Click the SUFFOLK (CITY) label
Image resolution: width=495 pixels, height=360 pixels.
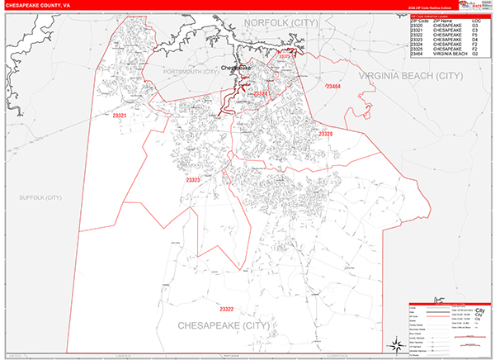tap(41, 198)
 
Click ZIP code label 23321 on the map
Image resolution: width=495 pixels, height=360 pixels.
tap(120, 116)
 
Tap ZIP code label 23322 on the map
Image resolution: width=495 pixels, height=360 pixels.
tap(226, 309)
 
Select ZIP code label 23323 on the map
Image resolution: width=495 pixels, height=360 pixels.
tap(193, 179)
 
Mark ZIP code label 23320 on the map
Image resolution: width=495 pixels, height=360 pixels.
tap(324, 134)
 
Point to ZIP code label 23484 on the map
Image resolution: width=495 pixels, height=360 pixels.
tap(332, 86)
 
